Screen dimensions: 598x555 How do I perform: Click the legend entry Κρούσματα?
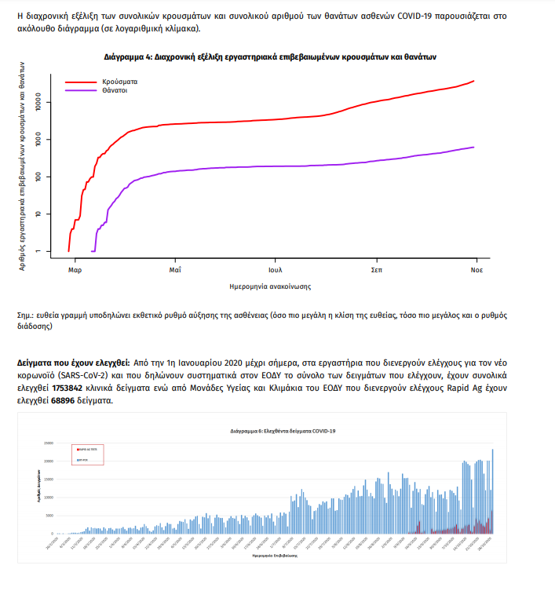point(119,82)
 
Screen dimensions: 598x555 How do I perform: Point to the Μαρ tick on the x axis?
point(75,269)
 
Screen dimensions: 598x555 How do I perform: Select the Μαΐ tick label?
point(175,269)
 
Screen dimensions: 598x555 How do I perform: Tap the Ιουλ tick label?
point(275,269)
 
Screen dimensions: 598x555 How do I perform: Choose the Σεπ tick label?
point(375,269)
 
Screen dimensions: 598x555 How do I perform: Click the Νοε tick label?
point(476,269)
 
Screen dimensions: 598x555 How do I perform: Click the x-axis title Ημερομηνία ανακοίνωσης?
point(271,286)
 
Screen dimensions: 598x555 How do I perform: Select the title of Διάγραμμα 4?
point(270,57)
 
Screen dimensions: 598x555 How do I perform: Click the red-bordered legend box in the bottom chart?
point(87,454)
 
